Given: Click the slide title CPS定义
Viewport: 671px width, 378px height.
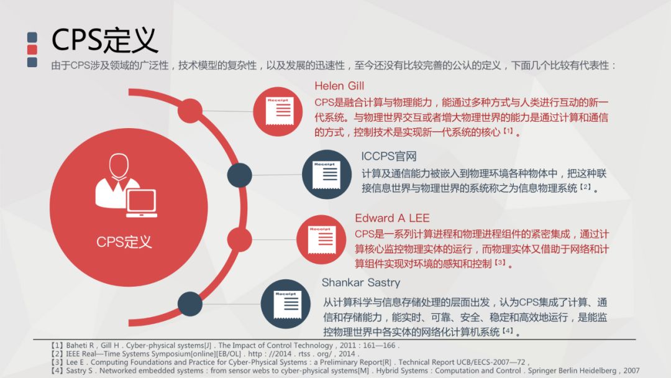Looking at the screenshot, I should [x=104, y=39].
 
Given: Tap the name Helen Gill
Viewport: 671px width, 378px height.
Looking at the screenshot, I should [x=339, y=86].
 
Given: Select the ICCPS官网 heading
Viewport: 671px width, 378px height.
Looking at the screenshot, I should [x=388, y=156].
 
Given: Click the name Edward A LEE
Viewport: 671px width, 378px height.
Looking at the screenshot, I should [x=392, y=218].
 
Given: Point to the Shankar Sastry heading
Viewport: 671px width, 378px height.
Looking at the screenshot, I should [x=361, y=283].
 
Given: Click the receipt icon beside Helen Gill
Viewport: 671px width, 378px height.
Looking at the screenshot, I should [x=278, y=111].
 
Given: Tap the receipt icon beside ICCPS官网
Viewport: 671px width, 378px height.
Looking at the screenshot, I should [x=327, y=175].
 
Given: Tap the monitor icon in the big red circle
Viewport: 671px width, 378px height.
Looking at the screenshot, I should [x=142, y=203].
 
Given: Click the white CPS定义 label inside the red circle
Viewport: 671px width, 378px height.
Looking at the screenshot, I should [x=124, y=242].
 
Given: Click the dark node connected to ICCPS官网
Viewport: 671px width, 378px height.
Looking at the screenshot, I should [x=240, y=175].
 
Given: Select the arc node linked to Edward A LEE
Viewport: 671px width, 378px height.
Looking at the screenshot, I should [x=240, y=240].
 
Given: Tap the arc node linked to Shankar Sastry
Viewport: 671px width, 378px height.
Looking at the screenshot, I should [x=190, y=304].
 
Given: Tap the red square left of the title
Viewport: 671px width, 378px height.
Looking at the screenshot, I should [x=32, y=49].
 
